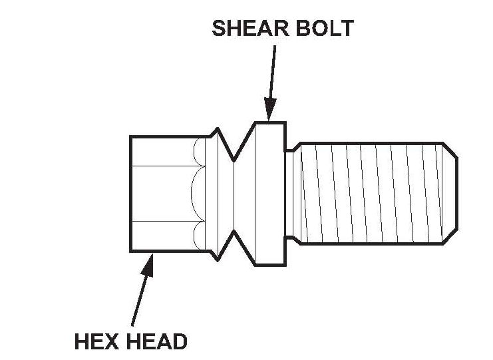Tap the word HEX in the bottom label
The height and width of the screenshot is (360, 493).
[x=96, y=342]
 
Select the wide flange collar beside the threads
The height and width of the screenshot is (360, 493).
[x=269, y=193]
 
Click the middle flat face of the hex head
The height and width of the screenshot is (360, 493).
[x=163, y=193]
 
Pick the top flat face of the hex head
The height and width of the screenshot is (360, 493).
[x=163, y=151]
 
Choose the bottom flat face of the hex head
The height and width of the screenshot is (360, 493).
[x=163, y=235]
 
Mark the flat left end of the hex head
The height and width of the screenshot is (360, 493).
[x=130, y=193]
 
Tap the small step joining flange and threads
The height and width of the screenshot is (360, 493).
[x=290, y=193]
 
